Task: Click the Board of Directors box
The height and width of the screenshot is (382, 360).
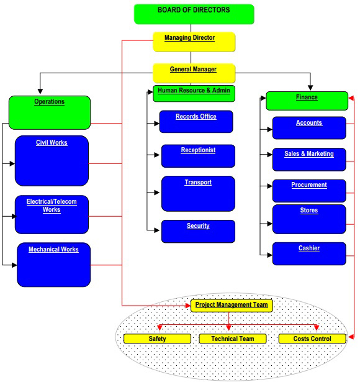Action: pos(194,14)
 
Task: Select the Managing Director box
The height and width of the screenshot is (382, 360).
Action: pos(194,42)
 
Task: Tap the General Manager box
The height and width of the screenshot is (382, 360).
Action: pos(194,73)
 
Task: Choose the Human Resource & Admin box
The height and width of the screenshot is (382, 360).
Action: pos(194,93)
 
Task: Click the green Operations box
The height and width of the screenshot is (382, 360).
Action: pos(50,112)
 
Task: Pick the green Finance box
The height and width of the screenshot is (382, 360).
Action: pos(307,101)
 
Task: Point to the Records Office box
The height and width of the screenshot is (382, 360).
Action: pos(196,122)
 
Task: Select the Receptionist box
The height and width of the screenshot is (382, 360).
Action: pos(198,156)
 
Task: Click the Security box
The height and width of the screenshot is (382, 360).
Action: pos(198,231)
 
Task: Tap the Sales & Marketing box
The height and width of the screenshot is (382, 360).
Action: pos(309,160)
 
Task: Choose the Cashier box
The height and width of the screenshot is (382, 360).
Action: pos(309,253)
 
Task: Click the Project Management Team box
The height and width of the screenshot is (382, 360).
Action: pos(232,306)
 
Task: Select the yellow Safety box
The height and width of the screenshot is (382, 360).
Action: pos(157,339)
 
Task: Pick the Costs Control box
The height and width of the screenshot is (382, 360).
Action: pos(312,339)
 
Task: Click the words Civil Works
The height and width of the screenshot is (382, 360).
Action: pos(52,142)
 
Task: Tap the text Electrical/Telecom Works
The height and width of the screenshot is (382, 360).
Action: pos(52,206)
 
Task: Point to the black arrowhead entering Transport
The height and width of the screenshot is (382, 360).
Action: pos(157,193)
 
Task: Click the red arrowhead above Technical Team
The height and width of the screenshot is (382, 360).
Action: pos(228,328)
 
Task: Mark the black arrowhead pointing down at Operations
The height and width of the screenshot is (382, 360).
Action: pos(40,91)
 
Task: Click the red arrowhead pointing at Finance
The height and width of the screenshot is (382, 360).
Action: pos(351,98)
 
